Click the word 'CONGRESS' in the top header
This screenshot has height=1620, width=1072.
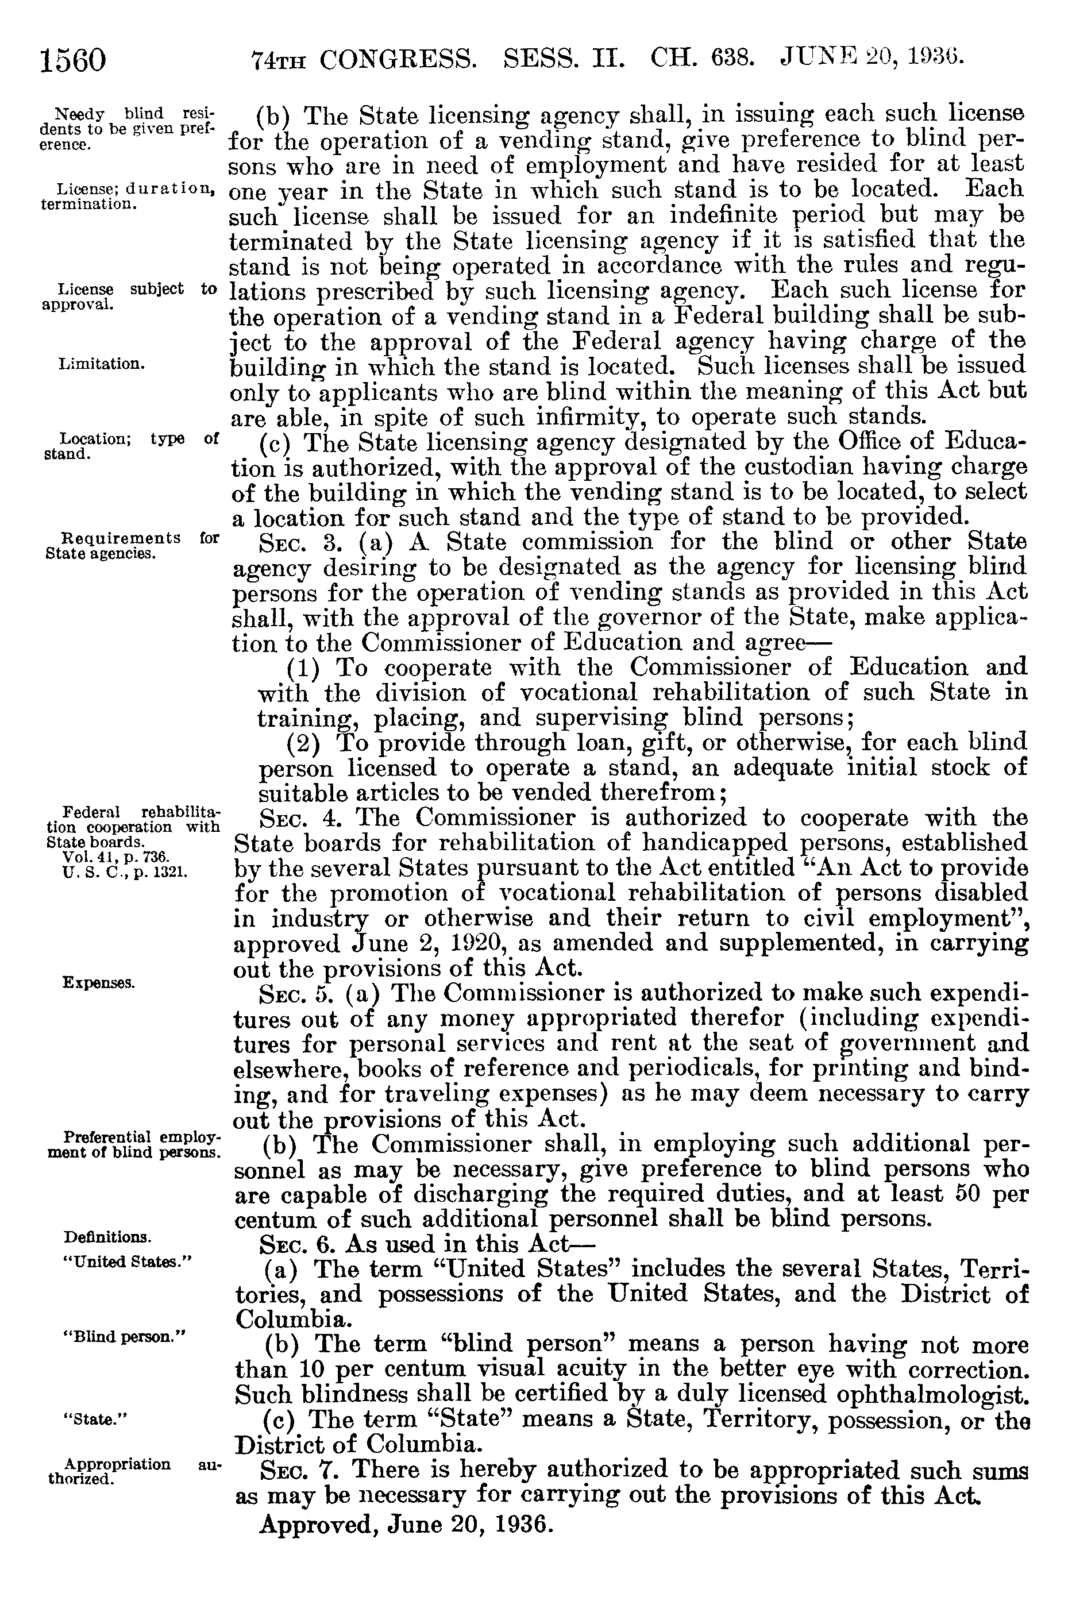[x=398, y=60]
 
